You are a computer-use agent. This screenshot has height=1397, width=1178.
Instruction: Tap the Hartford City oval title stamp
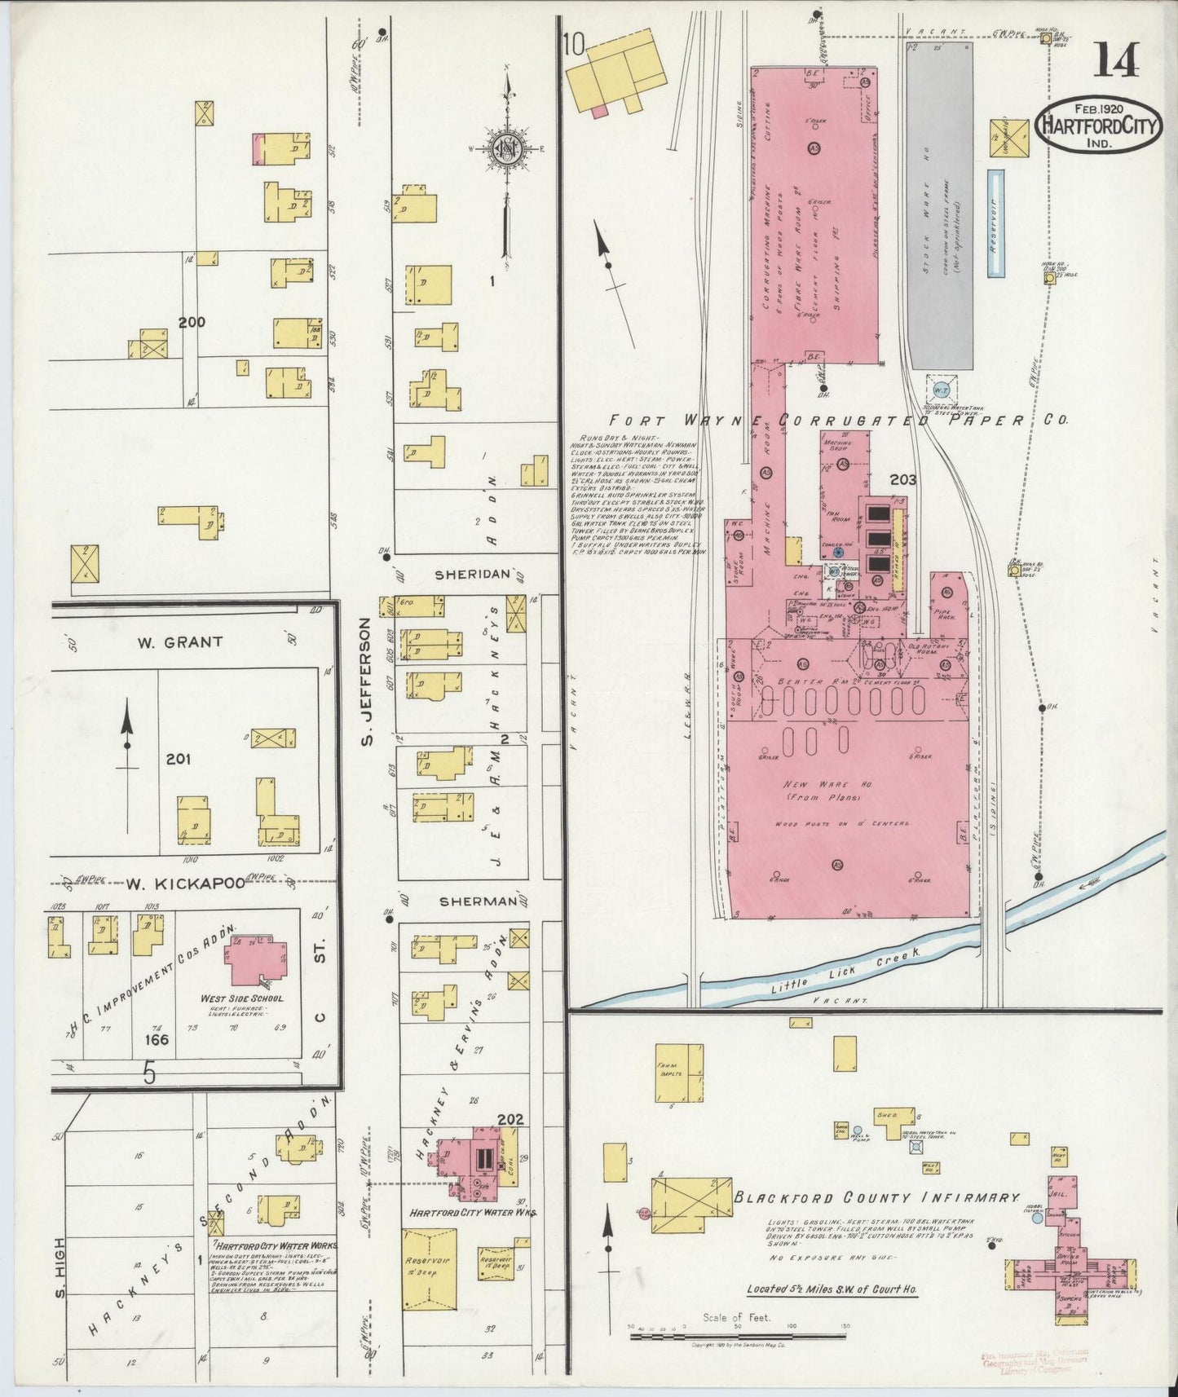[1099, 126]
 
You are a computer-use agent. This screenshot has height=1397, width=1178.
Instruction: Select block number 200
[192, 322]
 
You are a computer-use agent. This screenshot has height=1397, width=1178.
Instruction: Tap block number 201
[179, 759]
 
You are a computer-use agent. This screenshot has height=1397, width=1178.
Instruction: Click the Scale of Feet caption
[735, 1317]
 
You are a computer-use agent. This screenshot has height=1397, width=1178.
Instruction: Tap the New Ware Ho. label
[828, 784]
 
